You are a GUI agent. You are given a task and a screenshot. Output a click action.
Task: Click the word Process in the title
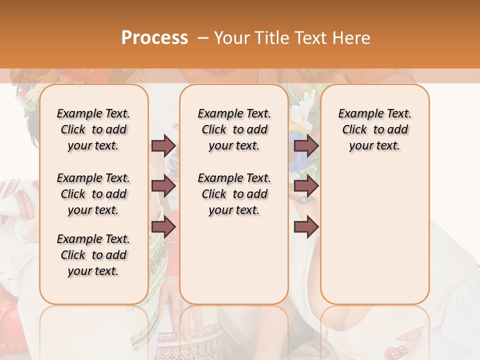click(154, 38)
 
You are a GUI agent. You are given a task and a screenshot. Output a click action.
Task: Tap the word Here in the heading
click(351, 38)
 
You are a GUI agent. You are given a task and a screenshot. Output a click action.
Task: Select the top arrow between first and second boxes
click(163, 145)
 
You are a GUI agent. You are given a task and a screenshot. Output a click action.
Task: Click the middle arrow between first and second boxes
click(163, 186)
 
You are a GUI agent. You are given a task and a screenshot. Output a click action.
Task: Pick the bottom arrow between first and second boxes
click(163, 227)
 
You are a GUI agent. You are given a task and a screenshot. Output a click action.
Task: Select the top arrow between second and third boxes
click(306, 145)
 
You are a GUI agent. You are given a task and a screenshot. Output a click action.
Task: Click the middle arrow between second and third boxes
click(306, 186)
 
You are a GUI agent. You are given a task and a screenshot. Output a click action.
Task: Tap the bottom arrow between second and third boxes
click(306, 227)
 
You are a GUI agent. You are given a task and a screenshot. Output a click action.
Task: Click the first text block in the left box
click(93, 129)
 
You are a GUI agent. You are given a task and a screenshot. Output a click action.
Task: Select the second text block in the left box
click(93, 194)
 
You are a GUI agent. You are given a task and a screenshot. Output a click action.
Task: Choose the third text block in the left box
click(93, 255)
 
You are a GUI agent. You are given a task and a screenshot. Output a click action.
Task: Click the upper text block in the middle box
click(234, 129)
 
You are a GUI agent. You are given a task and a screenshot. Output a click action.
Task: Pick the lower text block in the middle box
click(234, 194)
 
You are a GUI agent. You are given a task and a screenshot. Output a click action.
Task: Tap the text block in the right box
click(374, 129)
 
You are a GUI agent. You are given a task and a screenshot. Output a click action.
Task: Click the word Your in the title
click(230, 38)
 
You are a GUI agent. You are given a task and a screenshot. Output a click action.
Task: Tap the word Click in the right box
click(354, 130)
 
